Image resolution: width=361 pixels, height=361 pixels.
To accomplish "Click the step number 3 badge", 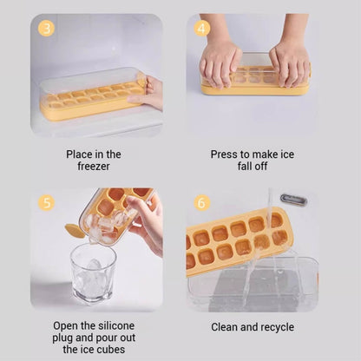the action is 46,28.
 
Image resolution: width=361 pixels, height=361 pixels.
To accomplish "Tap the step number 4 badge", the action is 201,28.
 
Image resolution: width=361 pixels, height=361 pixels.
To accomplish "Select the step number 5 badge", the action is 46,202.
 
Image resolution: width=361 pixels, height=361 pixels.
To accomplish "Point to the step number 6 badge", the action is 201,202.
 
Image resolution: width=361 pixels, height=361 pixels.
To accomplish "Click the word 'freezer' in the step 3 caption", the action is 94,167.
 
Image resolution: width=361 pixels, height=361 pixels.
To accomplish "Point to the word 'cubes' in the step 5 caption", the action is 111,349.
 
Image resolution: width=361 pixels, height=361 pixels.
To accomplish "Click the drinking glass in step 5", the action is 93,274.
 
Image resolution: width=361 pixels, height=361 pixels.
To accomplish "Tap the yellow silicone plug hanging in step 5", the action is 75,232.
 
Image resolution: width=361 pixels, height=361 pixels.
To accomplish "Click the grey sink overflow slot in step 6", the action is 293,200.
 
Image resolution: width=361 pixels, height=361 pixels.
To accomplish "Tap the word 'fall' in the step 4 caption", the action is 245,167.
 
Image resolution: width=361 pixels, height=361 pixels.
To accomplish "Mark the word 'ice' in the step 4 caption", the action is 287,154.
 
